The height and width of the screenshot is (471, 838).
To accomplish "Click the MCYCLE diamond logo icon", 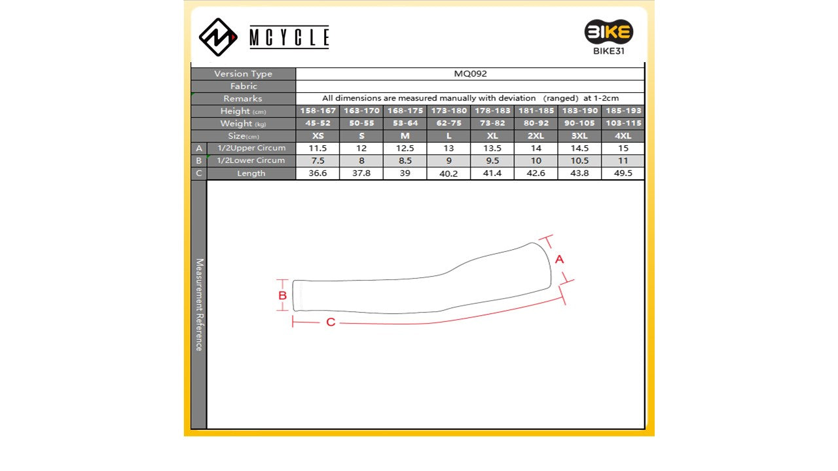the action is pyautogui.click(x=218, y=37).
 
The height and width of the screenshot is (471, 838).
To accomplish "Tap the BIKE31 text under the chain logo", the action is pyautogui.click(x=609, y=51).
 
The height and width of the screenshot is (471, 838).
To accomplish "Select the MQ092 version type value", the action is pyautogui.click(x=470, y=74).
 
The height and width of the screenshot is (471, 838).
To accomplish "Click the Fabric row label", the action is pyautogui.click(x=244, y=86).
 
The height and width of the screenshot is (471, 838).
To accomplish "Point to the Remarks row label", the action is pyautogui.click(x=243, y=99).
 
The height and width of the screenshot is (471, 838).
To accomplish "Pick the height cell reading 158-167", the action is pyautogui.click(x=318, y=111).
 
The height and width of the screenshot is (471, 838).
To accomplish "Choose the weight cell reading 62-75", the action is pyautogui.click(x=448, y=123).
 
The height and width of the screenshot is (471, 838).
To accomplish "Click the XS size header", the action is pyautogui.click(x=318, y=135).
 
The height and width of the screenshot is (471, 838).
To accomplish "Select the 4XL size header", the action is pyautogui.click(x=623, y=135).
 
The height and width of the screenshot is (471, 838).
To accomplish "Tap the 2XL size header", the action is pyautogui.click(x=536, y=135).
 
